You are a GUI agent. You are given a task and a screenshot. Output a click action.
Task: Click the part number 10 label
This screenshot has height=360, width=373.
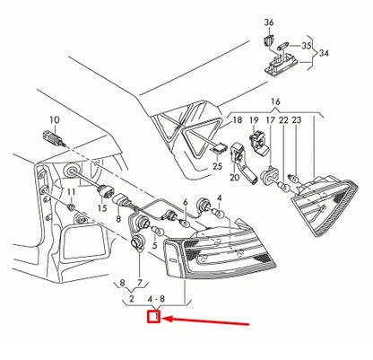tap(54, 119)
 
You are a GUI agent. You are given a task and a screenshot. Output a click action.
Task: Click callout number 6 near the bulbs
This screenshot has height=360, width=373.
tap(186, 204)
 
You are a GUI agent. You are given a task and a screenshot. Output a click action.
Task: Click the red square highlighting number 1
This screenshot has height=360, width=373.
tap(153, 315)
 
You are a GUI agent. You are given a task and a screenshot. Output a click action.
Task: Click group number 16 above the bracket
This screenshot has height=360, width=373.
tap(274, 103)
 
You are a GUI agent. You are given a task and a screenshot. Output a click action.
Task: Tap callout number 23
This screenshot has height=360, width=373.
tap(295, 119)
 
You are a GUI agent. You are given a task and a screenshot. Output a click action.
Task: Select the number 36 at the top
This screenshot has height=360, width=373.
tap(268, 21)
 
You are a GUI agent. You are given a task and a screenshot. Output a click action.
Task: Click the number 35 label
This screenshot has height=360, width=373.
tap(306, 45)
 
